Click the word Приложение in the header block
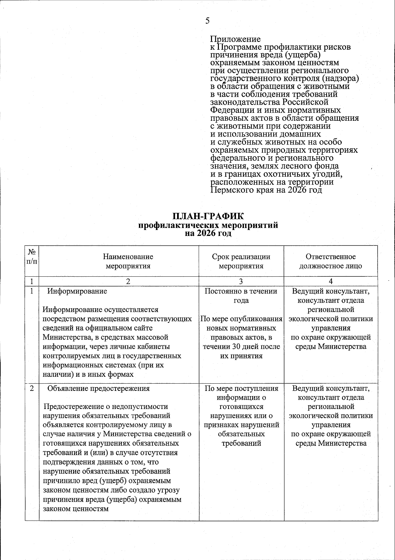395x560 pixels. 235,39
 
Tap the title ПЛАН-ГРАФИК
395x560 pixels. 208,217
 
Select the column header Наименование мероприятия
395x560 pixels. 128,261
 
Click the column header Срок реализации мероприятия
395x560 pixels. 241,261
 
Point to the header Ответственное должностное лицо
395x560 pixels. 330,261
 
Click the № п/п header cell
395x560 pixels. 32,257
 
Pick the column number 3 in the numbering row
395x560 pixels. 241,281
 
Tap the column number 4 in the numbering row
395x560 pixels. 330,281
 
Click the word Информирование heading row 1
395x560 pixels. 77,291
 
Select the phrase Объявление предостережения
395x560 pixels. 98,388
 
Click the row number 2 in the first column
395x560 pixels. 32,388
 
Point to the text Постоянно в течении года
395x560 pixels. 241,295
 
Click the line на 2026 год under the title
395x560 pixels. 208,233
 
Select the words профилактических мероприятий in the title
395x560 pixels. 208,225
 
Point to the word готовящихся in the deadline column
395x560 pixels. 241,407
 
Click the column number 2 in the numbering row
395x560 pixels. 128,281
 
